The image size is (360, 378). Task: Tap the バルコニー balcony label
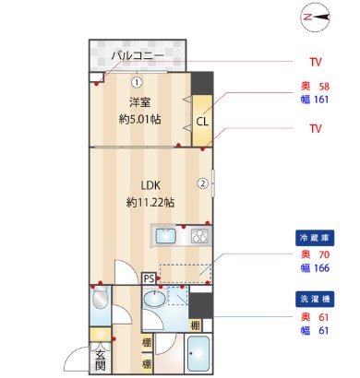[137, 56]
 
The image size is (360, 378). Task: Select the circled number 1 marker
[135, 81]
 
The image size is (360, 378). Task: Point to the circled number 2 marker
[202, 183]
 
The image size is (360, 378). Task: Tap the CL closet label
[200, 120]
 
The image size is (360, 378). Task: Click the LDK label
[150, 185]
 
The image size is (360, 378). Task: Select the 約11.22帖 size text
[150, 202]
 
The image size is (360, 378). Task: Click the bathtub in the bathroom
[198, 353]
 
